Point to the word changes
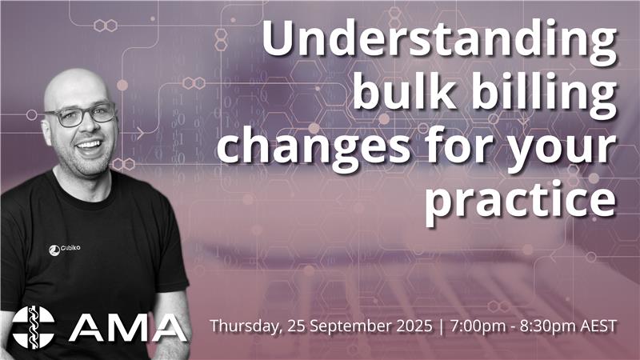pyautogui.click(x=314, y=149)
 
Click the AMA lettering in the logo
pyautogui.click(x=127, y=328)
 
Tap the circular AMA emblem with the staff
pyautogui.click(x=33, y=327)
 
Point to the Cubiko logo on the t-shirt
pyautogui.click(x=65, y=249)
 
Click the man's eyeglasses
pyautogui.click(x=81, y=114)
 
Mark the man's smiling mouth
pyautogui.click(x=90, y=145)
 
